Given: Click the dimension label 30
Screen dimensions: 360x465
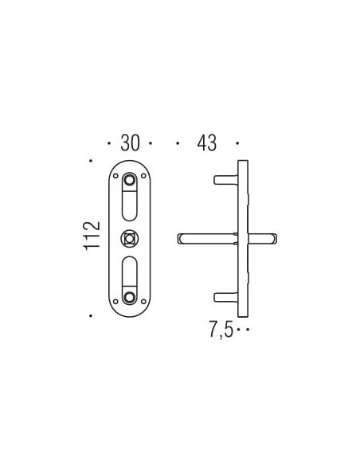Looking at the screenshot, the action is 130,143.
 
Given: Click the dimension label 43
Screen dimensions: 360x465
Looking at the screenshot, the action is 207,143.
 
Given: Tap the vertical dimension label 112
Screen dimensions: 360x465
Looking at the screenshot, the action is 92,236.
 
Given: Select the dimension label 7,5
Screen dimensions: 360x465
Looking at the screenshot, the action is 221,329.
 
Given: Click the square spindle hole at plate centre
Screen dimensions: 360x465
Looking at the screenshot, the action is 129,239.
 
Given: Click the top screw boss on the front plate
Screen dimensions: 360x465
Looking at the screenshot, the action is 129,180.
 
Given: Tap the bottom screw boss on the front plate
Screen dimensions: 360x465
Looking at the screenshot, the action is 129,297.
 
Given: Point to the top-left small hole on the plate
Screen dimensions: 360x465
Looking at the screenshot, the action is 115,176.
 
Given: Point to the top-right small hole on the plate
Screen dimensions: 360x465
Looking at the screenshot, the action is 143,176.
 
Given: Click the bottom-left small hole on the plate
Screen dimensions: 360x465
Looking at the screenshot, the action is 115,302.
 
